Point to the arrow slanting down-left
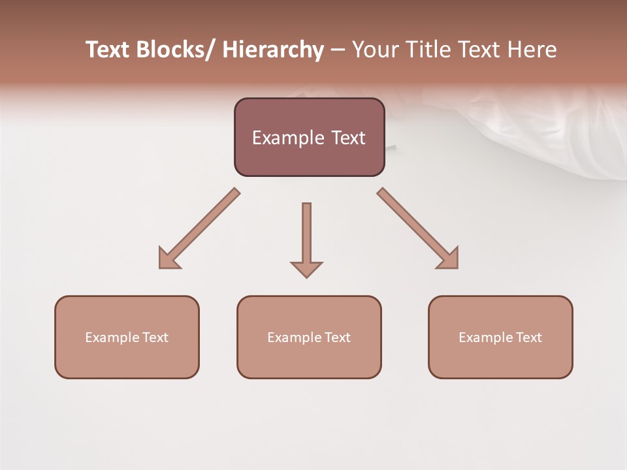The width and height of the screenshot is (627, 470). tap(199, 228)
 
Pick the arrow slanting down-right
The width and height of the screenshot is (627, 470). tap(418, 228)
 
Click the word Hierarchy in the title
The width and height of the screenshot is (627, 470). tap(272, 50)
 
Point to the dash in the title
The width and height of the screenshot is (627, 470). tap(338, 50)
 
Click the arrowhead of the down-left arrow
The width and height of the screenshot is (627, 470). tap(168, 260)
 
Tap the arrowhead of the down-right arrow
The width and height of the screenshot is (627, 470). tap(449, 259)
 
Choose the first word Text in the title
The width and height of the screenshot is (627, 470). tap(108, 50)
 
